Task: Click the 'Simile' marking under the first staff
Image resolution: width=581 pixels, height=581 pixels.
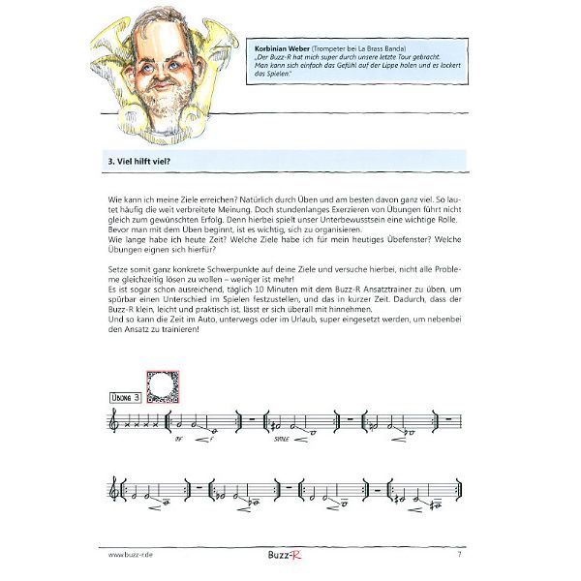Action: coord(282,438)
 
